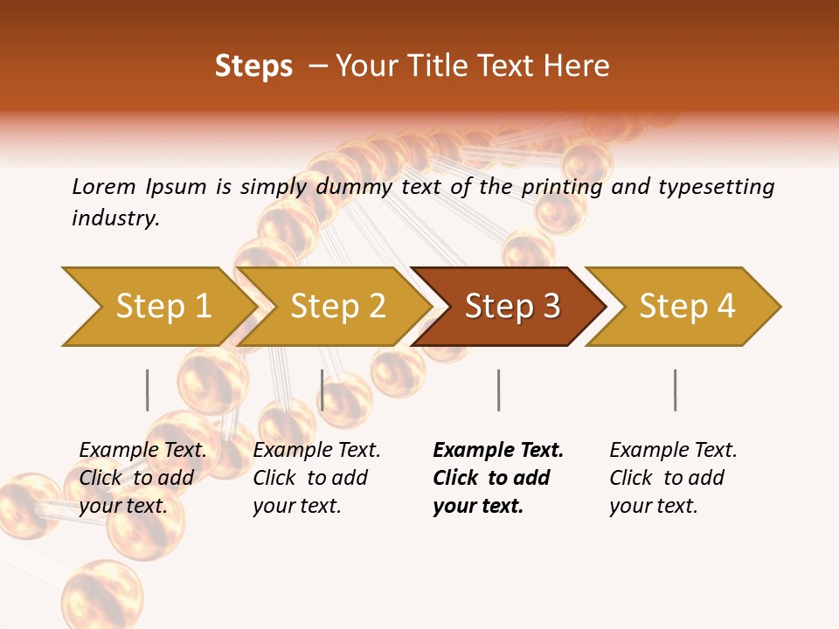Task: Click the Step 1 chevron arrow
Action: pyautogui.click(x=157, y=307)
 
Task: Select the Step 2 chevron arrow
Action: pyautogui.click(x=336, y=307)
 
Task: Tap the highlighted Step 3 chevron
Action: pyautogui.click(x=510, y=307)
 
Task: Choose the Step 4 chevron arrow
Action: pyautogui.click(x=685, y=307)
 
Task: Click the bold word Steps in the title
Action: pyautogui.click(x=253, y=66)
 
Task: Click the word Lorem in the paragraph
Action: pyautogui.click(x=103, y=186)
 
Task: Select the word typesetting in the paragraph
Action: pyautogui.click(x=716, y=187)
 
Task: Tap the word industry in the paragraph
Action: pyautogui.click(x=114, y=218)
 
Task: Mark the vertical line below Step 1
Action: pyautogui.click(x=148, y=390)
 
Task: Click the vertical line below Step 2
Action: pyautogui.click(x=322, y=390)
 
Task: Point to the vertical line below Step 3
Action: pyautogui.click(x=498, y=390)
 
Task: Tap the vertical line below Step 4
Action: pyautogui.click(x=675, y=390)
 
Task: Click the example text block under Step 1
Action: pyautogui.click(x=142, y=478)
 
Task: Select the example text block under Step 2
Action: pyautogui.click(x=316, y=478)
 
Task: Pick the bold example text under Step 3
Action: pyautogui.click(x=497, y=478)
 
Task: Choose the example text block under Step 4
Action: pyautogui.click(x=672, y=478)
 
